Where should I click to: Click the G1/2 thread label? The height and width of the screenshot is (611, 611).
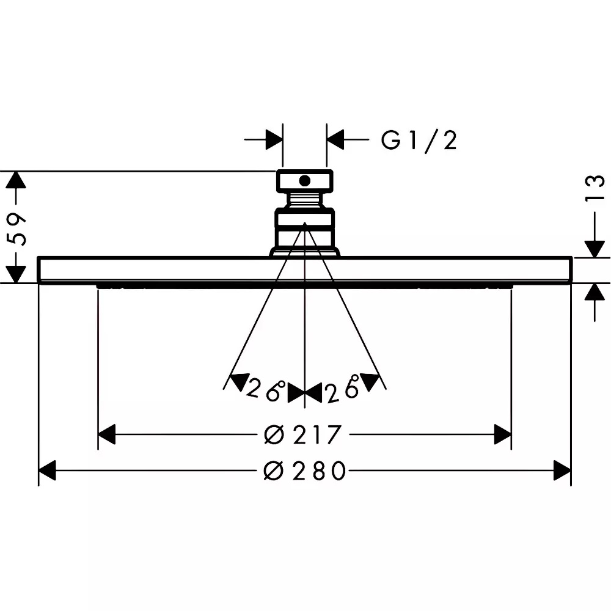[x=419, y=141]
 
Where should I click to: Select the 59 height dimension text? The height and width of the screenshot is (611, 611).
[x=17, y=229]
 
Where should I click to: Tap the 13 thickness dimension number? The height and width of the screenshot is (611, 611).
[x=595, y=188]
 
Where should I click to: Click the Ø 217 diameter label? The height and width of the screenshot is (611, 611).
[x=303, y=434]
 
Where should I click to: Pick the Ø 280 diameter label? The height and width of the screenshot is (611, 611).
[x=305, y=470]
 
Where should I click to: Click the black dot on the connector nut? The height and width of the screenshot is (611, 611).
[x=304, y=181]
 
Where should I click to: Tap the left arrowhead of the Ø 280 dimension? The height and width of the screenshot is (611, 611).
[x=48, y=470]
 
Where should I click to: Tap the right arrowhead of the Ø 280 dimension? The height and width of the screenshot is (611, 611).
[x=562, y=470]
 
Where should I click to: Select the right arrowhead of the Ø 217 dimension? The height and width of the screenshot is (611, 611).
[x=503, y=434]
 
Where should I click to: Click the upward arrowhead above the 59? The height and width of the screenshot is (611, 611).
[x=16, y=180]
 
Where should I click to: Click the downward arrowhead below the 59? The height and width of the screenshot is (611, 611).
[x=16, y=274]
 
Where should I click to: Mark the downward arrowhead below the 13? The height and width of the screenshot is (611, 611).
[x=595, y=249]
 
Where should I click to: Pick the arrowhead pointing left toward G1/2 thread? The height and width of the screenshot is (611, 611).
[x=335, y=139]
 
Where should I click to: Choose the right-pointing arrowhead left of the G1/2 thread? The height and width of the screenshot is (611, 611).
[x=274, y=139]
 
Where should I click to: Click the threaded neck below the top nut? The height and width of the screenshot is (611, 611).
[x=304, y=200]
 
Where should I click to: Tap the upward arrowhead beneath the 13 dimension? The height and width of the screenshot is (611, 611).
[x=595, y=292]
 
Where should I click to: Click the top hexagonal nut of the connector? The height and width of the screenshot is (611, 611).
[x=305, y=181]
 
